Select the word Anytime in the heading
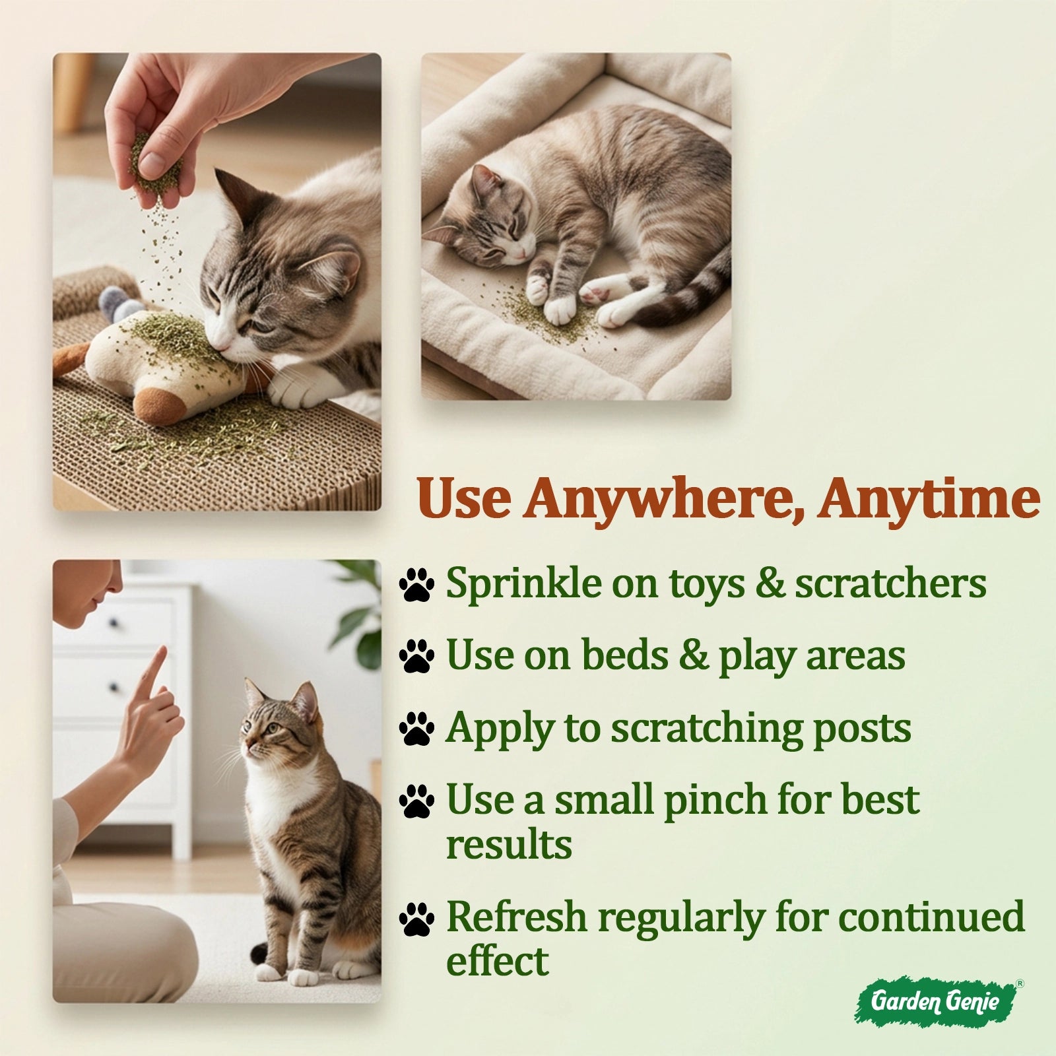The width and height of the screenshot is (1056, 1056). coord(929,500)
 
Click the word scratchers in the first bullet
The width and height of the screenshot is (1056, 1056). coord(890,583)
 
